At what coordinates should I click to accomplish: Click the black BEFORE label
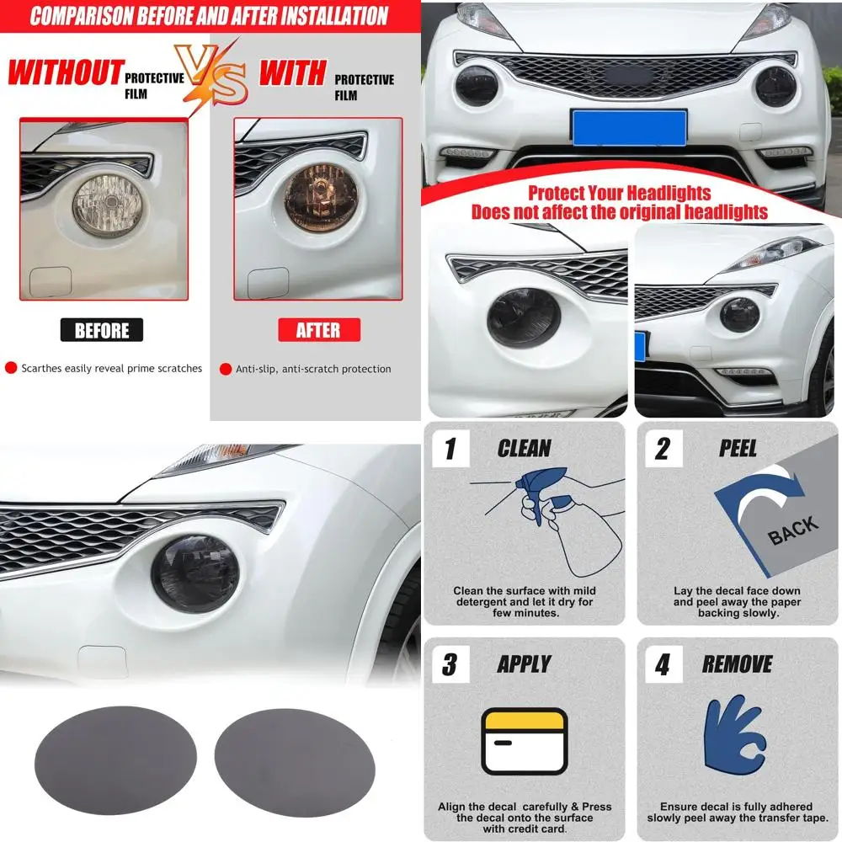102,330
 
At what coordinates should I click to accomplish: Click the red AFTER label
318,330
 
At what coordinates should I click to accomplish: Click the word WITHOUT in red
66,73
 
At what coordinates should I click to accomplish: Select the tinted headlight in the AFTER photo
319,200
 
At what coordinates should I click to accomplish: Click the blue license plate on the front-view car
629,127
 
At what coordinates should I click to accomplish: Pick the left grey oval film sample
115,760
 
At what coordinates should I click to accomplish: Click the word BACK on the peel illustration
791,530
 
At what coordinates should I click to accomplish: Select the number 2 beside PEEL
663,450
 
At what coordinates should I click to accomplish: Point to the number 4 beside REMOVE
663,666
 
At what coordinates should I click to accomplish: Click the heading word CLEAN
524,449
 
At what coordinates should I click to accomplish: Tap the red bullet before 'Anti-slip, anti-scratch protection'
225,369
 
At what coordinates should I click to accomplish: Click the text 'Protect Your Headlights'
619,193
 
